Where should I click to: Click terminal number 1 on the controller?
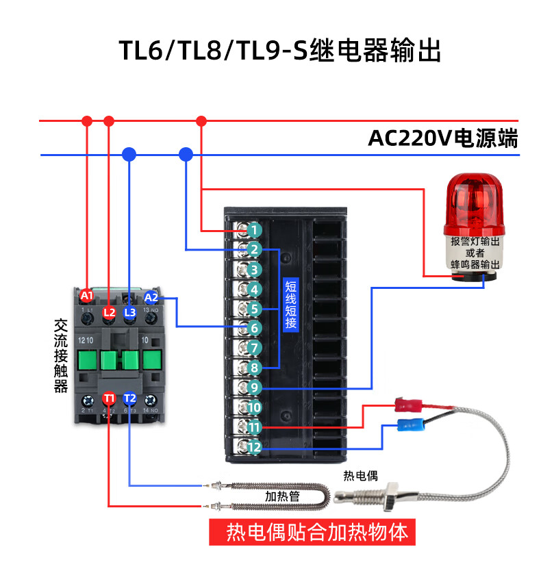(253, 229)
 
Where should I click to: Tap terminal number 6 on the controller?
(253, 329)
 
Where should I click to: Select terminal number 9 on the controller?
(253, 388)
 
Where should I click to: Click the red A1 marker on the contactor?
(86, 296)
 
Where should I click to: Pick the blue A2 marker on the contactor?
(151, 297)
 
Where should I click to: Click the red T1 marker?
(109, 398)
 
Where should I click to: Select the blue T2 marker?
(130, 398)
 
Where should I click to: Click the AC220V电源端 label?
(442, 139)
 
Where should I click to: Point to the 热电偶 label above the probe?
(360, 475)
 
